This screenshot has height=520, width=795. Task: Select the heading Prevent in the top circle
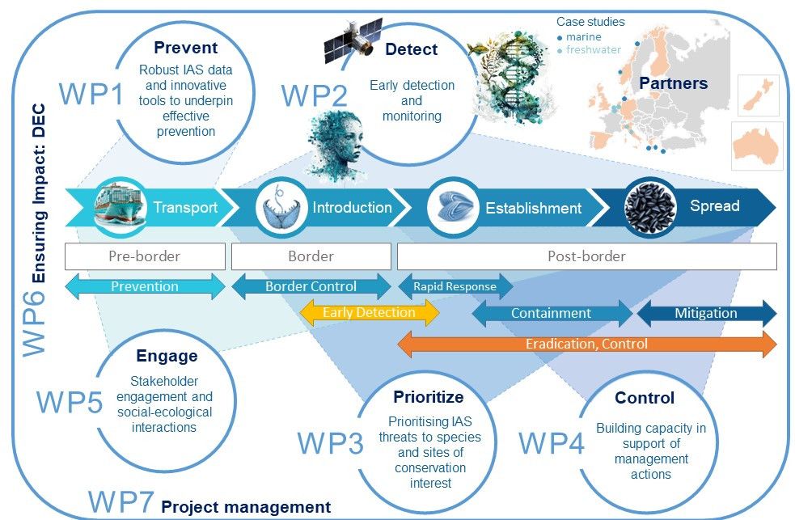[x=185, y=48]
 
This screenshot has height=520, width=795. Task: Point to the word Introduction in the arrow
[x=352, y=208]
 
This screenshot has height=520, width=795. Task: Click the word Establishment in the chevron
[x=533, y=208]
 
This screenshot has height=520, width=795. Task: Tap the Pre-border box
[x=144, y=256]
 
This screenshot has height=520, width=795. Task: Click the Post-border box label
[x=586, y=256]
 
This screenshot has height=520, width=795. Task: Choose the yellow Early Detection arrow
[x=369, y=312]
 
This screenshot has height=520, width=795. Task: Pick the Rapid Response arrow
[x=455, y=285]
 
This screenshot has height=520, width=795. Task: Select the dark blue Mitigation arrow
[x=706, y=313]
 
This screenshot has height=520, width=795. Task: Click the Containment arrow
[x=551, y=313]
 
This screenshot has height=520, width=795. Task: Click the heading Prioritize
[x=428, y=396]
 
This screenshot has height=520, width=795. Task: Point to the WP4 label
[x=550, y=442]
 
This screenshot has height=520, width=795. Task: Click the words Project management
[x=246, y=507]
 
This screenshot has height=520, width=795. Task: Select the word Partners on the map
[x=673, y=83]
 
